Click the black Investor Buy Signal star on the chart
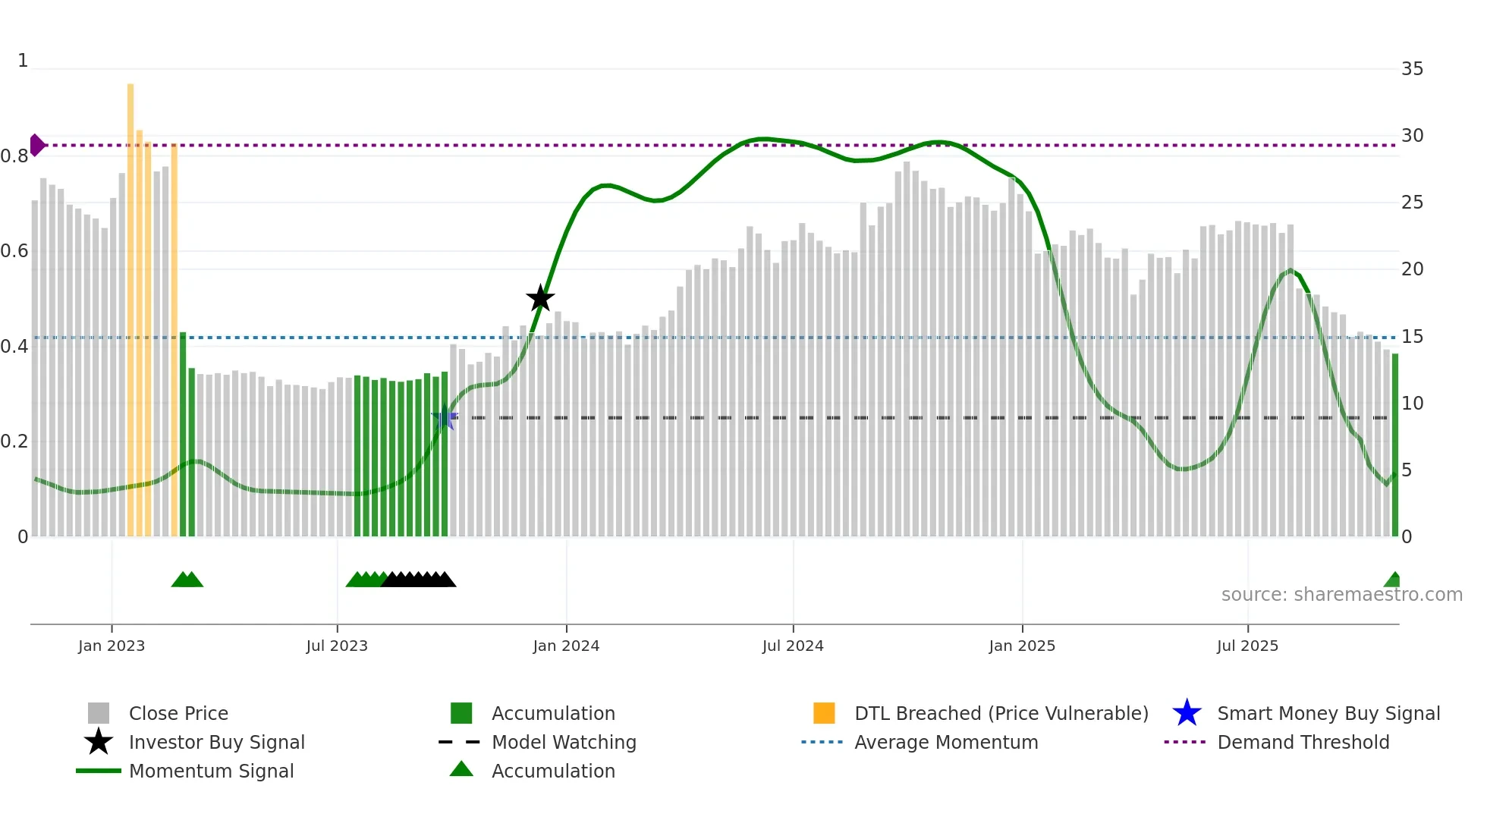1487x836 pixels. (x=540, y=299)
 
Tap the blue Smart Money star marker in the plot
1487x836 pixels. (x=444, y=418)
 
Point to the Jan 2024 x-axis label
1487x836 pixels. (x=566, y=646)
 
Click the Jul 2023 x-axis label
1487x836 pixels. (x=337, y=646)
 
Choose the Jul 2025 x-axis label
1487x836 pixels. (x=1247, y=646)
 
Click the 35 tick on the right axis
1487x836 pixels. (x=1412, y=69)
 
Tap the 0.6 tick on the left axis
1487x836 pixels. (x=14, y=251)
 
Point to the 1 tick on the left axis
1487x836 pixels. (x=23, y=61)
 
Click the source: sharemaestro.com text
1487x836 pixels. (x=1341, y=595)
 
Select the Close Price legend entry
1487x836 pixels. (x=178, y=713)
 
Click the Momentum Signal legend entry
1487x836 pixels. (x=211, y=771)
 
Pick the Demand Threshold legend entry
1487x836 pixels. (x=1303, y=742)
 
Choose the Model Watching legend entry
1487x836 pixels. (x=563, y=742)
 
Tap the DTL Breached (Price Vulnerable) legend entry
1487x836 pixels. (x=1001, y=713)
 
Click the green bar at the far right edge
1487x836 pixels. (x=1394, y=448)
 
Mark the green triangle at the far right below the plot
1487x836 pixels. (x=1393, y=580)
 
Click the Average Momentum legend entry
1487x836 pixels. (x=945, y=742)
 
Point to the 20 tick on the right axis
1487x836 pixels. (x=1412, y=269)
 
